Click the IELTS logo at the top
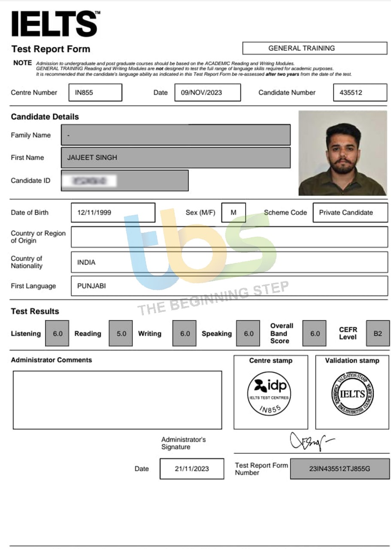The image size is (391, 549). (55, 24)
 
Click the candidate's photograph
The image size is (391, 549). (343, 153)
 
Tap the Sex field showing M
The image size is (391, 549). (233, 212)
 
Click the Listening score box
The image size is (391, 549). (57, 333)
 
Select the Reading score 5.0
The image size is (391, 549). (121, 333)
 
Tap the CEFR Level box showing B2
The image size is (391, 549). (377, 333)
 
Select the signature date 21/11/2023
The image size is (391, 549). (192, 469)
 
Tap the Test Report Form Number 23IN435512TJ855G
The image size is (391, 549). (339, 469)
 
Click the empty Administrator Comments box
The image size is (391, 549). (117, 400)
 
